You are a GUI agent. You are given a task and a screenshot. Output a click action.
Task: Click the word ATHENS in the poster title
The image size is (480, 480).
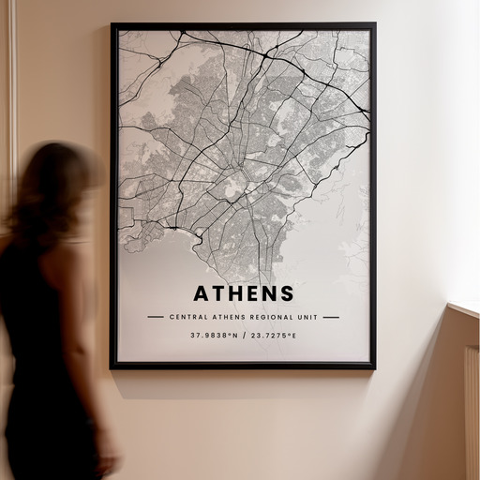coord(244,293)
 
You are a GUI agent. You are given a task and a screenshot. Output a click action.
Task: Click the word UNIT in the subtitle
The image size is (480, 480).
coord(307,317)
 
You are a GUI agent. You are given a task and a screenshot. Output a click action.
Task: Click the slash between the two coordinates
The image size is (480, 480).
coord(243,335)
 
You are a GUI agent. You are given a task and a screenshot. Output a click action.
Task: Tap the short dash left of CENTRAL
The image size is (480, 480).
coord(156,317)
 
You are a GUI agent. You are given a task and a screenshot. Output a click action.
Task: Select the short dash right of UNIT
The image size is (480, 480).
coord(331,317)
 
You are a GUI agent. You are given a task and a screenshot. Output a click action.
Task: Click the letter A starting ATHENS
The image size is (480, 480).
coord(202,293)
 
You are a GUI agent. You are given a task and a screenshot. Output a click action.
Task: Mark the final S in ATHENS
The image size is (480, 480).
coord(286,293)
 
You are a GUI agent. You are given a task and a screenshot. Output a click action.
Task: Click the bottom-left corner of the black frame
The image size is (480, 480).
coord(112,367)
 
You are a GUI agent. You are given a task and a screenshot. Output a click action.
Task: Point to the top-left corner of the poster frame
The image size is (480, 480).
coord(112,25)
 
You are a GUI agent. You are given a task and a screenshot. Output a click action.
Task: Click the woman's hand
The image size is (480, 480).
coord(109,461)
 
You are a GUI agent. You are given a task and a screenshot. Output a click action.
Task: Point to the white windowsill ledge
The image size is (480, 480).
coord(464,308)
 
